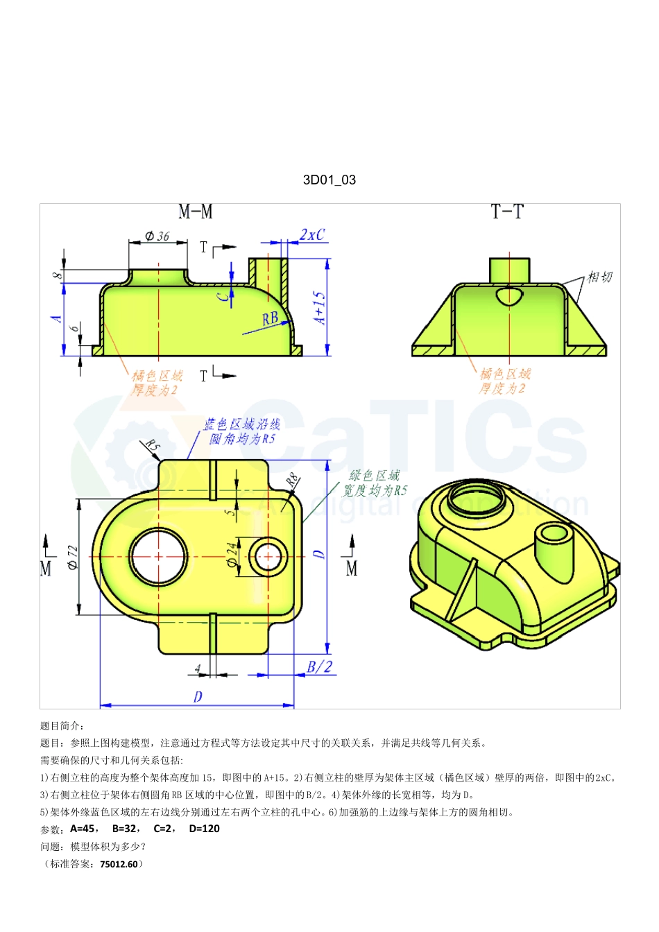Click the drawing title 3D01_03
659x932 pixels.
(329, 180)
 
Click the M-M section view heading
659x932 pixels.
(195, 212)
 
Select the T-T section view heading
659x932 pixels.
(507, 212)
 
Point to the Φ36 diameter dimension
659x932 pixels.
(157, 236)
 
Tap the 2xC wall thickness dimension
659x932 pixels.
(311, 235)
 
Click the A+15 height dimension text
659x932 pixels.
(318, 307)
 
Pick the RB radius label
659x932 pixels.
(270, 318)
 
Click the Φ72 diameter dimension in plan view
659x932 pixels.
(73, 557)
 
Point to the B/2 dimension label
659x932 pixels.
(319, 666)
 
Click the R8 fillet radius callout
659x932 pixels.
(292, 479)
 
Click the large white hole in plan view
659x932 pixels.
(159, 557)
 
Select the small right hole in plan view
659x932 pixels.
(268, 556)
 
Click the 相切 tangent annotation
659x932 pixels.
(599, 277)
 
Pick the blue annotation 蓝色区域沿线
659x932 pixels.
(241, 424)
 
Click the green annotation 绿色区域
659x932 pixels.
(374, 476)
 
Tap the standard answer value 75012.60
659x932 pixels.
(119, 864)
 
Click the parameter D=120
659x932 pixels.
(204, 829)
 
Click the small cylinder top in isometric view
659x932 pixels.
(554, 533)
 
